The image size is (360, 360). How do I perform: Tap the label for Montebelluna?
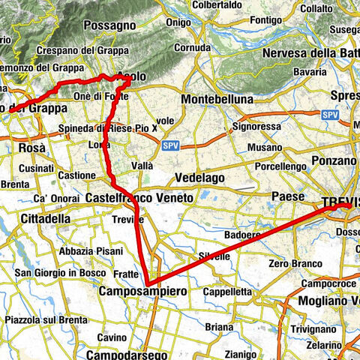(x=219, y=98)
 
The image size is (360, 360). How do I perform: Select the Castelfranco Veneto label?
(x=139, y=196)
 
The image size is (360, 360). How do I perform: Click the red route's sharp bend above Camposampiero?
(x=151, y=282)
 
